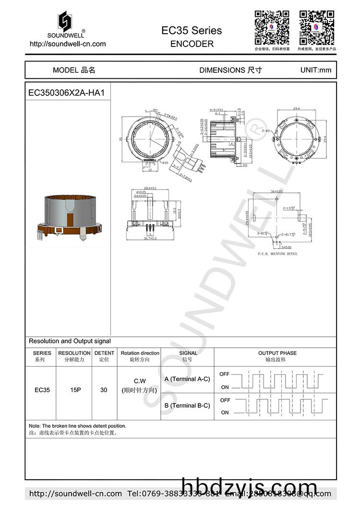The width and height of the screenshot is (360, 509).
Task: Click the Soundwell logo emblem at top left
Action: click(65, 22)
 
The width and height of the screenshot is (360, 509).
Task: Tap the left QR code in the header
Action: click(272, 27)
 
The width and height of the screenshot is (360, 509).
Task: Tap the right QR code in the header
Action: click(317, 27)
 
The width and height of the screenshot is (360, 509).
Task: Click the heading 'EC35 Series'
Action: click(192, 31)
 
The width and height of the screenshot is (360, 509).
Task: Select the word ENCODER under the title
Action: click(192, 44)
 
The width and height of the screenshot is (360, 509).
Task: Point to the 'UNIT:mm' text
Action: click(315, 70)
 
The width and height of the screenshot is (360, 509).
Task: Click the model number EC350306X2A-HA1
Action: click(66, 93)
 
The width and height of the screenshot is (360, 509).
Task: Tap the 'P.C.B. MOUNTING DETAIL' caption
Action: click(277, 253)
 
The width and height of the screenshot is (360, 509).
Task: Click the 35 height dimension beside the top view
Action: click(121, 140)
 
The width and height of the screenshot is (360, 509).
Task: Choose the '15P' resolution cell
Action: click(75, 390)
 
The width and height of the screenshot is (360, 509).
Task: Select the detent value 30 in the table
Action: click(104, 390)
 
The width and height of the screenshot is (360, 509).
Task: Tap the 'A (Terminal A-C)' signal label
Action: click(187, 379)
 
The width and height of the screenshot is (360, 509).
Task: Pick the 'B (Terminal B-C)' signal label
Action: click(187, 405)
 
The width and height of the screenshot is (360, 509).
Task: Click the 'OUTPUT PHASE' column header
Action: click(277, 353)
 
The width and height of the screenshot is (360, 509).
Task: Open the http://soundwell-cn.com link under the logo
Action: click(68, 44)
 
